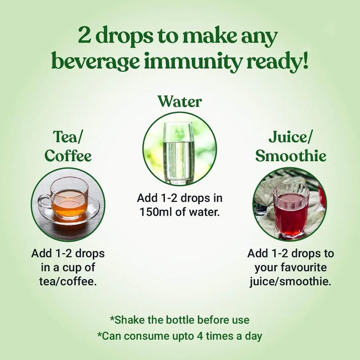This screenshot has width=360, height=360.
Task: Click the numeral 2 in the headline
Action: pyautogui.click(x=85, y=36)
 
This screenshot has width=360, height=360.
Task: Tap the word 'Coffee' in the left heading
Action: pyautogui.click(x=68, y=156)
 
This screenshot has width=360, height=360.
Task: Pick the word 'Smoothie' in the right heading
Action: pyautogui.click(x=291, y=156)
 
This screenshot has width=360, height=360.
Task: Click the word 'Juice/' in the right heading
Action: pyautogui.click(x=291, y=137)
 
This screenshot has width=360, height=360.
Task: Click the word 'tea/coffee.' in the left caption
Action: pyautogui.click(x=68, y=282)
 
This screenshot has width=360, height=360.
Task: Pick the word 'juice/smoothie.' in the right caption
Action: pyautogui.click(x=291, y=282)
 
